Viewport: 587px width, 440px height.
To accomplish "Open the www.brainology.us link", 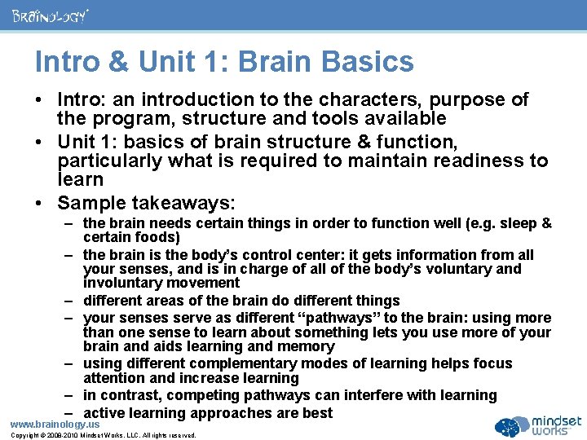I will [x=55, y=424].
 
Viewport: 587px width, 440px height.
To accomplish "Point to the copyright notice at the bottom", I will [x=104, y=435].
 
